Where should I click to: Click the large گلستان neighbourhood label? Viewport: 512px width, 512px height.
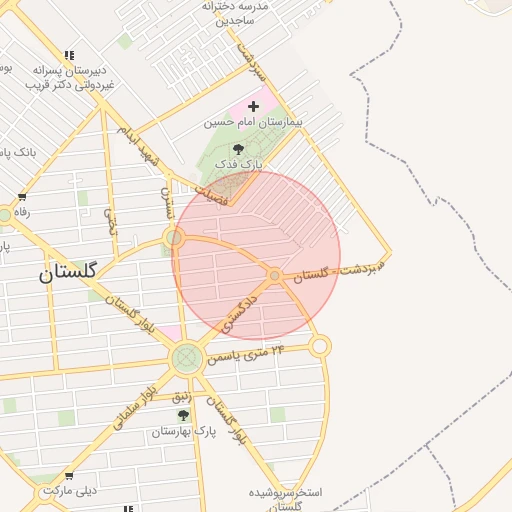[x=68, y=273]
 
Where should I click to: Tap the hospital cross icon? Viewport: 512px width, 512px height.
[x=253, y=105]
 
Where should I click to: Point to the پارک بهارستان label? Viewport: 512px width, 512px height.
[x=185, y=432]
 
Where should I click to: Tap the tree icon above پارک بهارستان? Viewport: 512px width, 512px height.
[x=182, y=415]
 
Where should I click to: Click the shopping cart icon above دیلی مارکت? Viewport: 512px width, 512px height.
[x=68, y=476]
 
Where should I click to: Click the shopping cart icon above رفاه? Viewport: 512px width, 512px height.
[x=22, y=197]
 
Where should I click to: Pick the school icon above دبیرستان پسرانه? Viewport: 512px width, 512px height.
[x=68, y=55]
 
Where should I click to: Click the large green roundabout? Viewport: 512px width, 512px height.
[x=186, y=358]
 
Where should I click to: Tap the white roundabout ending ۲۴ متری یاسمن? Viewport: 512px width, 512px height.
[x=319, y=346]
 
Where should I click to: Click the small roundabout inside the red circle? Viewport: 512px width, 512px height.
[x=274, y=274]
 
